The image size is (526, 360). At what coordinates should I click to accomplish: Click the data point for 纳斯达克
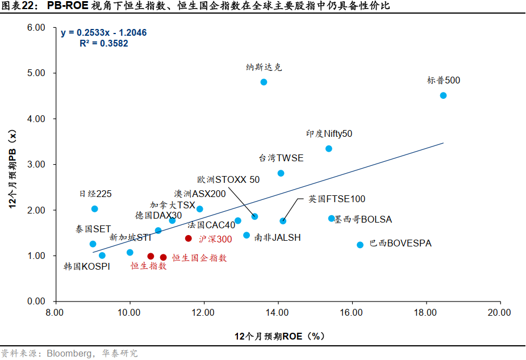pyautogui.click(x=264, y=82)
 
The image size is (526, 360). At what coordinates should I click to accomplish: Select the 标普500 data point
pyautogui.click(x=443, y=95)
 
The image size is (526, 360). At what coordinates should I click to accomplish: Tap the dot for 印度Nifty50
pyautogui.click(x=328, y=149)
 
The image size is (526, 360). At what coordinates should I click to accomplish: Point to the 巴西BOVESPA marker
pyautogui.click(x=360, y=245)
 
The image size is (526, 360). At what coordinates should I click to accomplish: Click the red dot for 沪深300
pyautogui.click(x=189, y=238)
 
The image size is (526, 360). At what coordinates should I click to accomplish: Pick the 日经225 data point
pyautogui.click(x=95, y=209)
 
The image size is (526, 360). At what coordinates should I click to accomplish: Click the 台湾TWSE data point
pyautogui.click(x=281, y=173)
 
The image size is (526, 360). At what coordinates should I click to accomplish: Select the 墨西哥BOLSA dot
pyautogui.click(x=332, y=218)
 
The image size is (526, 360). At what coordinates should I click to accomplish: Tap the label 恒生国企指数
pyautogui.click(x=199, y=258)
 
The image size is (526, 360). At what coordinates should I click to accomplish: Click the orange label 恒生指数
pyautogui.click(x=149, y=266)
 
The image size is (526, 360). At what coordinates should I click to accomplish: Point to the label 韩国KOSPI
pyautogui.click(x=87, y=266)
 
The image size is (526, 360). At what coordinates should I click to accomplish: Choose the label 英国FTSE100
pyautogui.click(x=337, y=199)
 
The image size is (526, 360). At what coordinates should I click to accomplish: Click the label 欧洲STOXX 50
pyautogui.click(x=228, y=179)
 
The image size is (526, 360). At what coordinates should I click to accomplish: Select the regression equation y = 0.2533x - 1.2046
pyautogui.click(x=103, y=32)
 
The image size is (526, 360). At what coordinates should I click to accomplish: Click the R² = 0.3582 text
pyautogui.click(x=104, y=43)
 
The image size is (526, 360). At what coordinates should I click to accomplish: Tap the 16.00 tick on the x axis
pyautogui.click(x=352, y=312)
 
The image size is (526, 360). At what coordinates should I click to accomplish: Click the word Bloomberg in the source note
pyautogui.click(x=70, y=353)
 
